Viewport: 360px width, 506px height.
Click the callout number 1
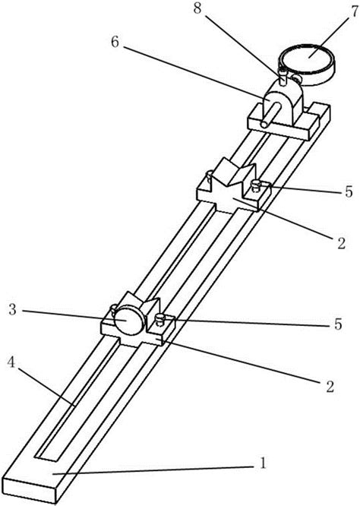click(x=264, y=463)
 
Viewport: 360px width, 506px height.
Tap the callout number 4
click(x=11, y=362)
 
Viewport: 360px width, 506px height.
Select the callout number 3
click(x=12, y=309)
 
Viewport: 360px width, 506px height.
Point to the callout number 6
click(x=115, y=42)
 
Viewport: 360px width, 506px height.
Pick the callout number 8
click(x=197, y=8)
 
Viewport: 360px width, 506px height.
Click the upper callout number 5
click(x=349, y=191)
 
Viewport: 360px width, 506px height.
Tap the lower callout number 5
click(x=338, y=324)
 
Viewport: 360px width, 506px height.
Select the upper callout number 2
click(x=341, y=243)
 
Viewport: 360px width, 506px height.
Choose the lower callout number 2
click(x=330, y=386)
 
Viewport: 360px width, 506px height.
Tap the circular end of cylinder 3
click(x=129, y=321)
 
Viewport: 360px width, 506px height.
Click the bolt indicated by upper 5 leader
click(x=257, y=185)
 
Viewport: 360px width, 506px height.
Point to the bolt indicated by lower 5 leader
click(x=160, y=319)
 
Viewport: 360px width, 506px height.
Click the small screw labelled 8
click(x=283, y=77)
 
